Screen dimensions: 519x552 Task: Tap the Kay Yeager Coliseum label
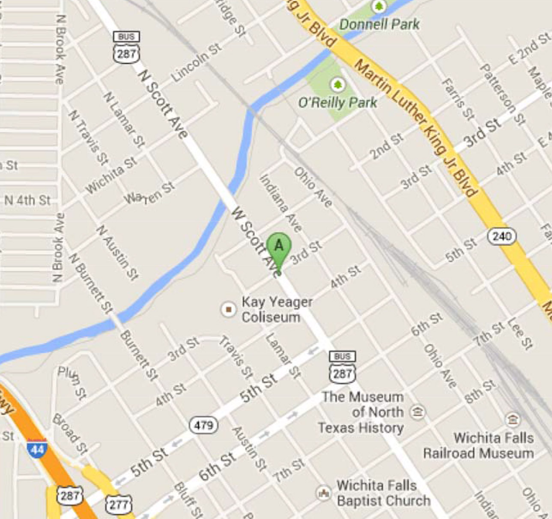point(277,309)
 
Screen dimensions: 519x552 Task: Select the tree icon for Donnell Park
point(379,6)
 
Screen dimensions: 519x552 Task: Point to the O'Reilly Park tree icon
point(338,84)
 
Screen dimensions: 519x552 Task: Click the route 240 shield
point(501,236)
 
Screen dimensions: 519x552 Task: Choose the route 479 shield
point(203,425)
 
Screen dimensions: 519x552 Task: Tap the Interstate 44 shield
point(37,448)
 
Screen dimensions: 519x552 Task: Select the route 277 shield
point(119,504)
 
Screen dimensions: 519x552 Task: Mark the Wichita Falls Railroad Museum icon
point(512,419)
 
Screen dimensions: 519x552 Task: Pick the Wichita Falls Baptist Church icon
point(323,492)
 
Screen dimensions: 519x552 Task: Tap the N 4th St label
point(27,200)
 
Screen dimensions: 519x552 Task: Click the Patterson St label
point(502,95)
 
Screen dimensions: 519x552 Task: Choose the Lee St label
point(520,333)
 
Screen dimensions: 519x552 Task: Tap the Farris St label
point(458,99)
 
